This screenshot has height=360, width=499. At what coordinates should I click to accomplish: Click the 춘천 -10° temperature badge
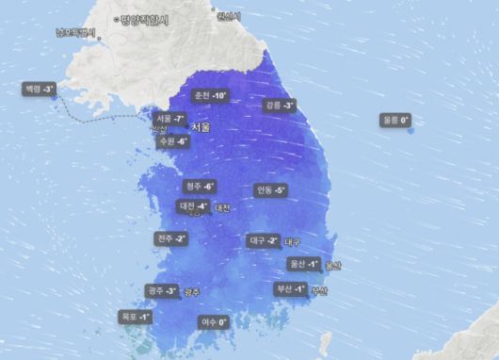point(209,96)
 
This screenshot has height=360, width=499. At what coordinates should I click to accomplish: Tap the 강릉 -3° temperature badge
point(280,105)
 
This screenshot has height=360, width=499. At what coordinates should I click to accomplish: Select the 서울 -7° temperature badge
point(169,119)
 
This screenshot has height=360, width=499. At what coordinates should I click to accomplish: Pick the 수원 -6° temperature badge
point(174,140)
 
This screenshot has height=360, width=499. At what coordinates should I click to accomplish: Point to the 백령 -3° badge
point(40,89)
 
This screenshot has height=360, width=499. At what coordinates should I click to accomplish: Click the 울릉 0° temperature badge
point(396,120)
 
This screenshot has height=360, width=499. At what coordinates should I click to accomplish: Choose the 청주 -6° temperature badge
point(200,186)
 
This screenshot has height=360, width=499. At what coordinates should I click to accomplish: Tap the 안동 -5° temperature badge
point(270,189)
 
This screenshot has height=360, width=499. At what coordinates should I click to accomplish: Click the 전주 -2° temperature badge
point(172,238)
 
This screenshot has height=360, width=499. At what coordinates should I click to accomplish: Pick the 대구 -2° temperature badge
point(263,240)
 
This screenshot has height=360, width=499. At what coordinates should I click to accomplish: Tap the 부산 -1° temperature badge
point(290,288)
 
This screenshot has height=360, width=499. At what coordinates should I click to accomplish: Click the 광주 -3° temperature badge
point(162,291)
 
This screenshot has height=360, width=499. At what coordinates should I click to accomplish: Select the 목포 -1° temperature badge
point(136,318)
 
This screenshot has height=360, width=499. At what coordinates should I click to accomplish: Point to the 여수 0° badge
point(214,322)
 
